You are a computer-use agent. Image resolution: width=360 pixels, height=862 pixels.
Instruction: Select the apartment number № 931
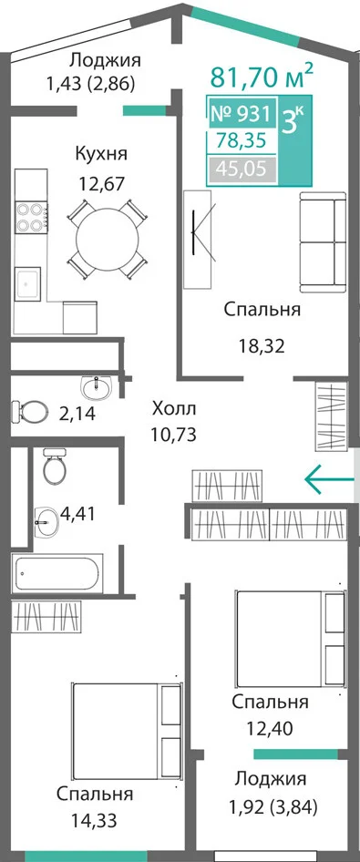(x=241, y=114)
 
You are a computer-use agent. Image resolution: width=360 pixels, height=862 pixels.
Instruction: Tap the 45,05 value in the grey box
(x=242, y=169)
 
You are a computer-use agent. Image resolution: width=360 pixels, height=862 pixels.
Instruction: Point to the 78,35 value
(x=242, y=141)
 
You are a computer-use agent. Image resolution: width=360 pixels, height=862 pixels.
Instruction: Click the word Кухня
(x=101, y=154)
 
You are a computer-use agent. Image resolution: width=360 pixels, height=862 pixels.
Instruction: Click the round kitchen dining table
(x=108, y=240)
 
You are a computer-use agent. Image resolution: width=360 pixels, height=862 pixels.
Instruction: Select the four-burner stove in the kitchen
(x=31, y=218)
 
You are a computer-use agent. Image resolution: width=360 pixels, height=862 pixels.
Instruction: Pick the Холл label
(x=174, y=409)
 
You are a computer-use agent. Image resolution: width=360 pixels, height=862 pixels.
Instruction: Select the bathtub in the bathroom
(x=57, y=574)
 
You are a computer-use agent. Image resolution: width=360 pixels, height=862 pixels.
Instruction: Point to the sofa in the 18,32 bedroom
(x=323, y=242)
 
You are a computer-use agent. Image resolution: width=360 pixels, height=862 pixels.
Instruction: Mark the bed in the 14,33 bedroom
(x=127, y=730)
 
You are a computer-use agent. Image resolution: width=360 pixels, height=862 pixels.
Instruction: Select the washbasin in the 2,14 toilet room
(x=98, y=388)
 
